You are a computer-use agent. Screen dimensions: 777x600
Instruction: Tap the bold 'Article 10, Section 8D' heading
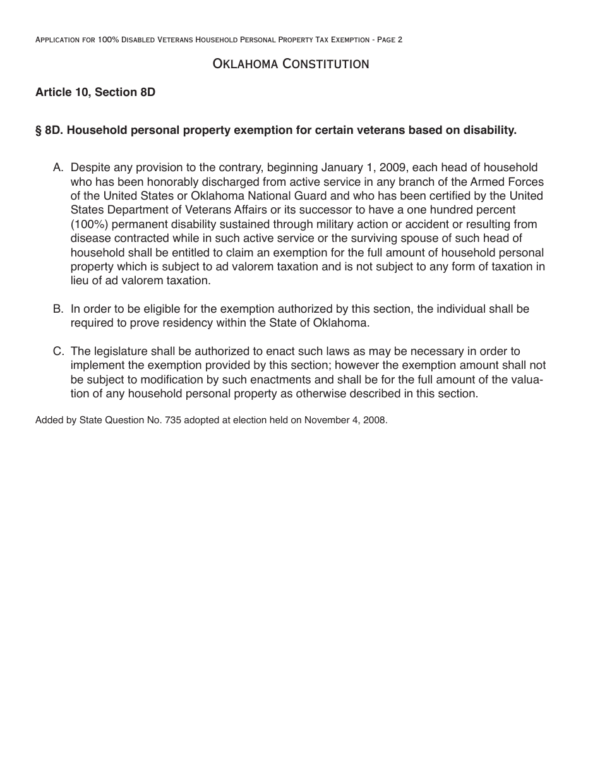95,92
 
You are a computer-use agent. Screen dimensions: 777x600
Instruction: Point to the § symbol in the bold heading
39,130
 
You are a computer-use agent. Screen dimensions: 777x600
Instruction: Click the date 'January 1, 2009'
363,168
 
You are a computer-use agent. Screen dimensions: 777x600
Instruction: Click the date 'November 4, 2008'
345,419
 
